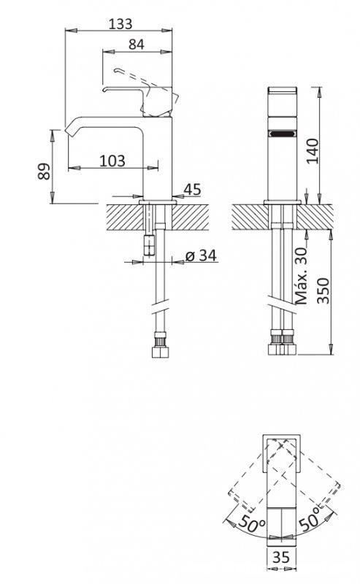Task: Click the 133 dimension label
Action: click(120, 24)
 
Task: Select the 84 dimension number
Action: click(137, 45)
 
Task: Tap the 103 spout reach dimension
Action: click(112, 161)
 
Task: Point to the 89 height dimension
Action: click(44, 172)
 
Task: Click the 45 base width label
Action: click(192, 190)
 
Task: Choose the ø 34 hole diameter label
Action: click(201, 255)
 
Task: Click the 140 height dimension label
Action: click(313, 151)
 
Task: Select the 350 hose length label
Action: click(323, 291)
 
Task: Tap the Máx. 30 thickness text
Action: click(301, 276)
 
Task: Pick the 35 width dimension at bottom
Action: click(281, 557)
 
